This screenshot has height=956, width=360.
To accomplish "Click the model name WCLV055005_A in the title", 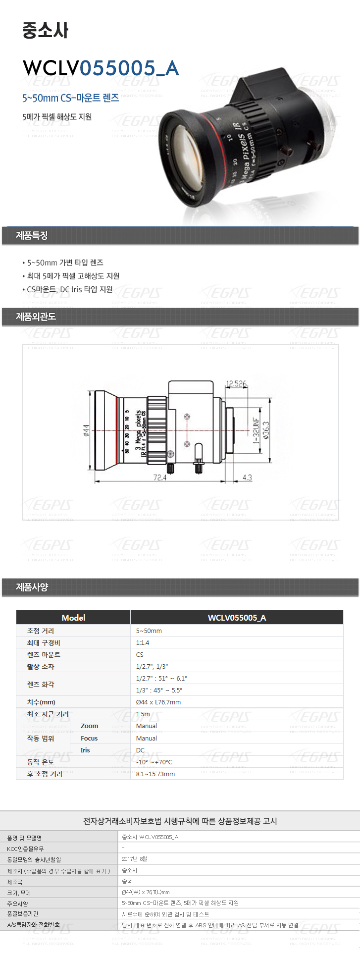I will pos(101,68).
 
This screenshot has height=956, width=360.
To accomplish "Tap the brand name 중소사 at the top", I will pos(45,30).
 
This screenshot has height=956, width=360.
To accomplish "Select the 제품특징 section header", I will pos(32,235).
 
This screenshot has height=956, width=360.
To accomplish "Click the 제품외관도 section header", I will pos(36,317).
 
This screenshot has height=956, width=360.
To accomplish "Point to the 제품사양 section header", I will pos(32,587).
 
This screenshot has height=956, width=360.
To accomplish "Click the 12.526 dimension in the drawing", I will pos(236,384).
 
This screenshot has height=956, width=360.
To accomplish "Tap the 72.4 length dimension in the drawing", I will pos(160,478).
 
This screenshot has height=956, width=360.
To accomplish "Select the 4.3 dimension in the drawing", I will pos(247,478).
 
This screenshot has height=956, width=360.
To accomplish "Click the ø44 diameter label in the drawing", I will pos(86,430).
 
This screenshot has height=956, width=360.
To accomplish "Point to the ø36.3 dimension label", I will pos(266,431).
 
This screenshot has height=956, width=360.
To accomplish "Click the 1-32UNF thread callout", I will pos(257,430).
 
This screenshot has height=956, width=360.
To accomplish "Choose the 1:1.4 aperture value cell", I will pos(143,642).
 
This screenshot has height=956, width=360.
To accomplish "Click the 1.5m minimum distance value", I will pos(143,714).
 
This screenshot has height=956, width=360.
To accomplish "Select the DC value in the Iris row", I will pos(140,750).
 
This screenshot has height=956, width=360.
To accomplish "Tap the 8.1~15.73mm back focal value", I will pos(155,774).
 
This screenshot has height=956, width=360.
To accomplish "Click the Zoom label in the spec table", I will pos(89,726).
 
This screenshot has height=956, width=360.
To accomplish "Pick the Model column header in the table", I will pos(73,617).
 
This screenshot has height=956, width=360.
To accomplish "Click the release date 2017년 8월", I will pos(134,859).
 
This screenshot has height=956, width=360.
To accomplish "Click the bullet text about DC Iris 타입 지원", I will pos(70,289).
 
